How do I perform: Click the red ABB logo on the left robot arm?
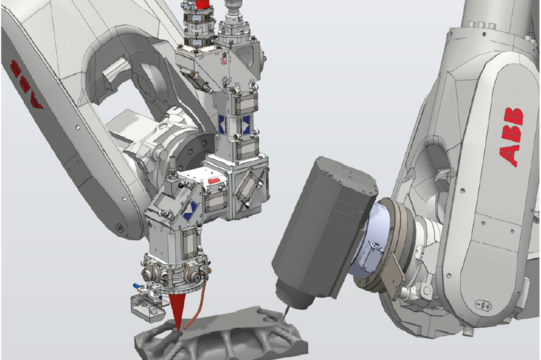tap(26, 84)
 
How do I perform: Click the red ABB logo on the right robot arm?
tap(511, 137)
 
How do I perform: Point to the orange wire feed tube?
tap(198, 304)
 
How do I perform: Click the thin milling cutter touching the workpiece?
tap(286, 312)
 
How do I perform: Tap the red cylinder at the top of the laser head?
tap(203, 4)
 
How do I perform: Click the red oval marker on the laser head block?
tap(214, 181)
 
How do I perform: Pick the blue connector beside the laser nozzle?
tap(137, 286)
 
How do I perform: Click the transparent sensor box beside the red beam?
tap(147, 308)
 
